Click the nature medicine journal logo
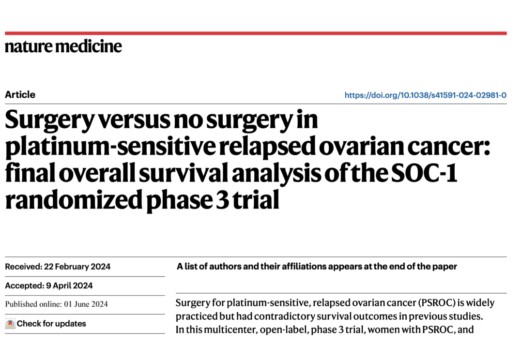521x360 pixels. point(63,46)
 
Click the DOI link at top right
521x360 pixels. point(425,95)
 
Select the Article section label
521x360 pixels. point(20,94)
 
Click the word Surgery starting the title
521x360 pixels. point(46,121)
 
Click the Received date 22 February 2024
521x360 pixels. point(77,267)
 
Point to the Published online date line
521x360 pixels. point(56,304)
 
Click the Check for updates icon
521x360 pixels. point(10,324)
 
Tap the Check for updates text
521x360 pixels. point(51,324)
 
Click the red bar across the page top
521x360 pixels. point(256,33)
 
